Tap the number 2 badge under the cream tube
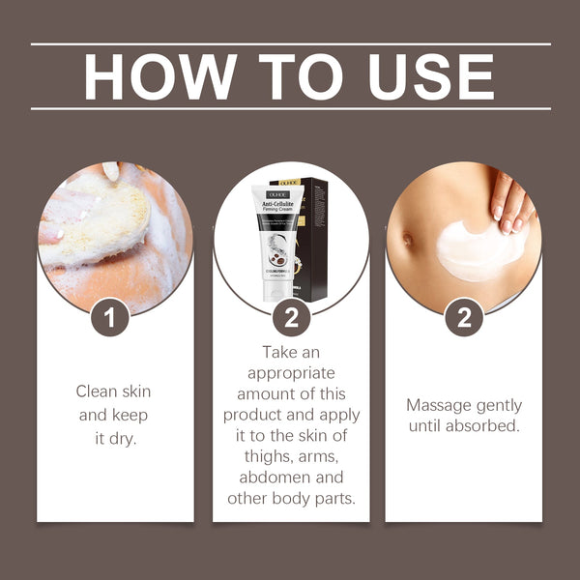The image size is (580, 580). tap(291, 317)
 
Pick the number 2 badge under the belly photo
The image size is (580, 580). tap(464, 317)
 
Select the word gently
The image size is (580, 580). tap(500, 405)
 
